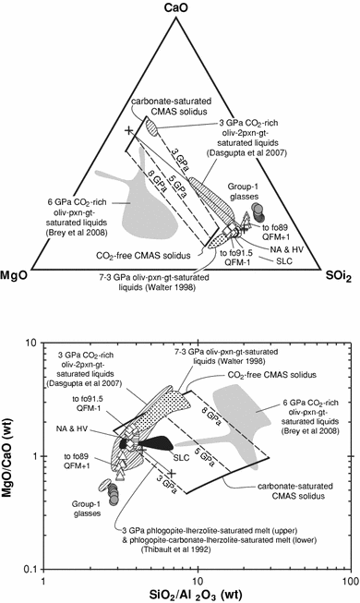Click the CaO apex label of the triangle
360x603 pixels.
click(x=176, y=7)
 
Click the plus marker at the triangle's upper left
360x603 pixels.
click(x=129, y=130)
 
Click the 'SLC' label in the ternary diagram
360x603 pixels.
click(x=284, y=261)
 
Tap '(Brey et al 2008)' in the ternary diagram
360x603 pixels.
click(x=77, y=233)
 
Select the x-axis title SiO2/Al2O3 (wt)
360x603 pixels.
click(x=196, y=596)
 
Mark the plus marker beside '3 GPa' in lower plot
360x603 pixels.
click(x=172, y=474)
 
